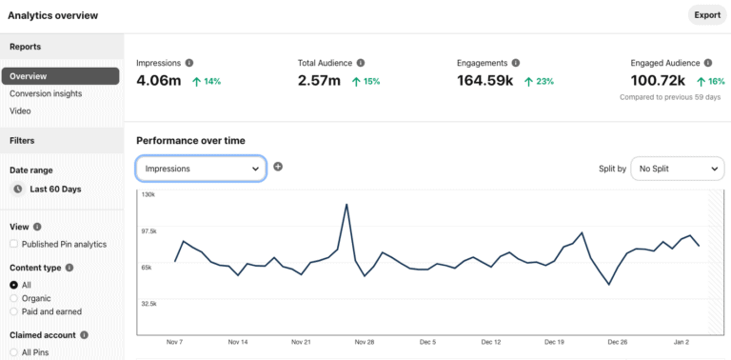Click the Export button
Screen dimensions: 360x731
pyautogui.click(x=706, y=15)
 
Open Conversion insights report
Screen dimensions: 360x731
pyautogui.click(x=46, y=93)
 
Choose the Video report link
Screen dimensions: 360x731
pyautogui.click(x=20, y=110)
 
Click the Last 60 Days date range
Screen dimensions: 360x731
pyautogui.click(x=55, y=189)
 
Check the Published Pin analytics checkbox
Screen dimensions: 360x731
pyautogui.click(x=13, y=245)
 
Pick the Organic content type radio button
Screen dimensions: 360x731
pyautogui.click(x=13, y=298)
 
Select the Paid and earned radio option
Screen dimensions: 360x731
pyautogui.click(x=13, y=311)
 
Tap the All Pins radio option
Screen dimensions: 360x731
pyautogui.click(x=13, y=352)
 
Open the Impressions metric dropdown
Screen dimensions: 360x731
pyautogui.click(x=201, y=168)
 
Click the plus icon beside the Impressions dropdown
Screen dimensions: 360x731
pyautogui.click(x=278, y=167)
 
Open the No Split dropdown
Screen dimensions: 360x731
pyautogui.click(x=677, y=168)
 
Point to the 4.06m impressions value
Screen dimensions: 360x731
pyautogui.click(x=159, y=81)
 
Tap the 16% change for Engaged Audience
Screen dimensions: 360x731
pyautogui.click(x=712, y=82)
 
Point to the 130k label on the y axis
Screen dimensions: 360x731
pyautogui.click(x=148, y=194)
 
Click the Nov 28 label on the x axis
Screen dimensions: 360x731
pyautogui.click(x=364, y=341)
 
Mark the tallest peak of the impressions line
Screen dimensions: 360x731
pyautogui.click(x=346, y=204)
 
